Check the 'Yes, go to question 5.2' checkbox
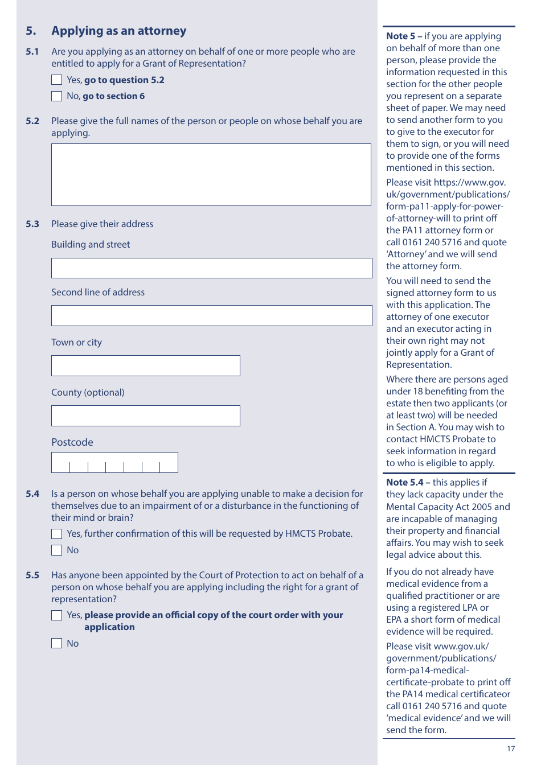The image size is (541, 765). [x=57, y=80]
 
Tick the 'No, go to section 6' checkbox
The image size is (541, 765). [x=57, y=96]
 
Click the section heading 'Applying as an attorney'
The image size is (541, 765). [x=118, y=31]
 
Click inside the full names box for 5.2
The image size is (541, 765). [x=211, y=175]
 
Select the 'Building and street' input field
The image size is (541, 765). [x=211, y=268]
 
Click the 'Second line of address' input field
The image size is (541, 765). [x=211, y=316]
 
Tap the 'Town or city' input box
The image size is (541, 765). [x=145, y=366]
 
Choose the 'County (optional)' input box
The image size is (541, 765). [x=145, y=416]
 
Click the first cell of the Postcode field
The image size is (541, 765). [x=61, y=463]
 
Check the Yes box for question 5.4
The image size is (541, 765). [x=57, y=534]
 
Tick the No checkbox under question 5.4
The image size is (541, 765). [x=57, y=550]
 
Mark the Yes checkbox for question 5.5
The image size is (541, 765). [x=57, y=615]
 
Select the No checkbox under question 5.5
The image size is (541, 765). [x=57, y=644]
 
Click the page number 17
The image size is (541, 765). [x=511, y=749]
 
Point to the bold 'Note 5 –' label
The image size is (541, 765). [x=404, y=36]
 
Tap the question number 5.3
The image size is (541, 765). [x=32, y=224]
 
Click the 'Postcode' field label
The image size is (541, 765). [x=72, y=442]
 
